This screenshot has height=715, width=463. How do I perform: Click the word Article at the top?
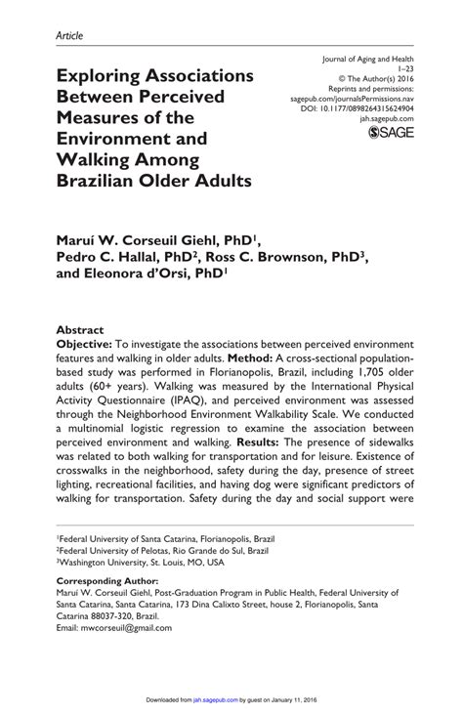tap(69, 36)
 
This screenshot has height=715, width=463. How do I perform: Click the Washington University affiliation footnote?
tap(141, 563)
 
